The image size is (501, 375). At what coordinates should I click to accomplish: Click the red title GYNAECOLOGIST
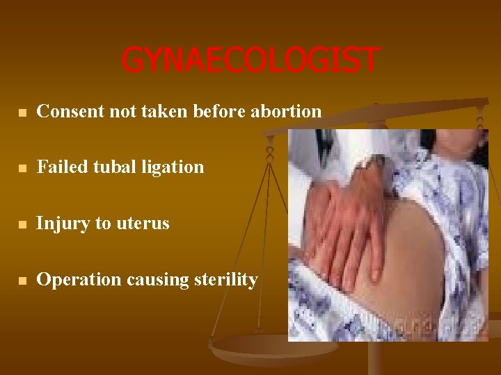point(250,60)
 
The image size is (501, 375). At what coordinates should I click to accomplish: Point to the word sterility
point(225,280)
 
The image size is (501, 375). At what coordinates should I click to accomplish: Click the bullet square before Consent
point(22,112)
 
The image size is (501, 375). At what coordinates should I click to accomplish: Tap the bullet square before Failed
point(22,168)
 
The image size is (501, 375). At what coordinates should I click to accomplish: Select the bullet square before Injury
point(22,224)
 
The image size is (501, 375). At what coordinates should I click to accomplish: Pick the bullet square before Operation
point(22,281)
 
